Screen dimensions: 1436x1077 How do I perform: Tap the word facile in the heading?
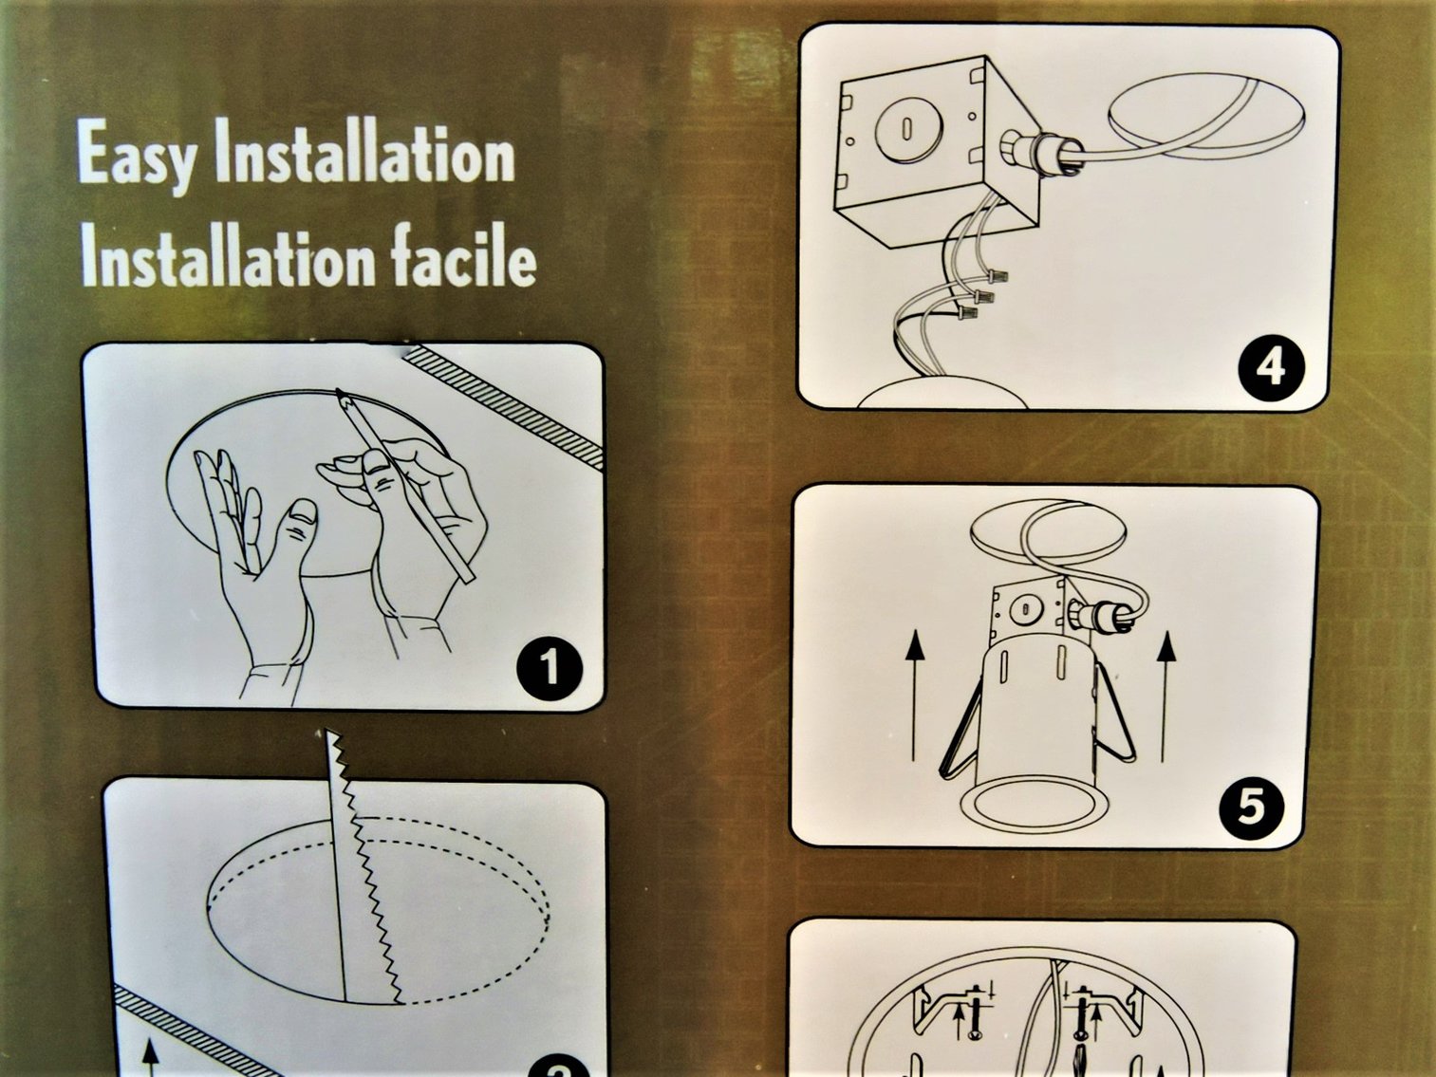[x=464, y=257]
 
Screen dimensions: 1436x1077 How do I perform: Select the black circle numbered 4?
[x=1271, y=369]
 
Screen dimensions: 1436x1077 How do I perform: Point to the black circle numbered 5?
[x=1251, y=808]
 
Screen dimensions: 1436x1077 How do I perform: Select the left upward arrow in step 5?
[x=915, y=696]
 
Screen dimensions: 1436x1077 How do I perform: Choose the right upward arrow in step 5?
[x=1166, y=696]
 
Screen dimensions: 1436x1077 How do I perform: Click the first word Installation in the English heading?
[x=364, y=152]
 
